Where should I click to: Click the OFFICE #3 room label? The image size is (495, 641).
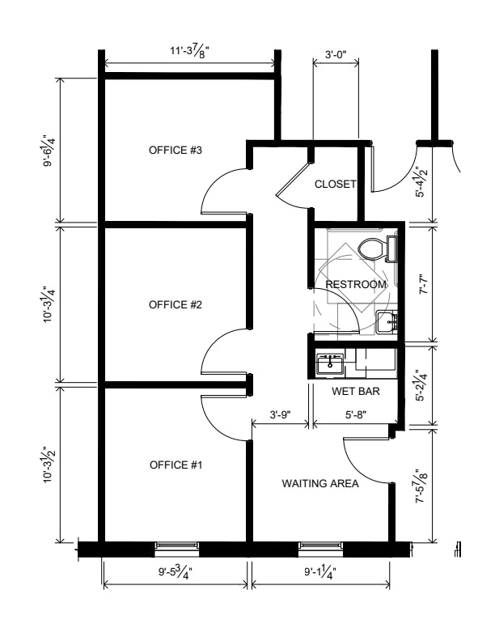(x=176, y=150)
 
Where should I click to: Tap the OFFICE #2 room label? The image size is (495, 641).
(x=176, y=304)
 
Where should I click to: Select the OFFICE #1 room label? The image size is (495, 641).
(x=176, y=465)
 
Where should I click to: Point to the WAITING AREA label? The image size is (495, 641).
(x=320, y=484)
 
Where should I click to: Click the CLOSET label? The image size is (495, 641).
(x=336, y=184)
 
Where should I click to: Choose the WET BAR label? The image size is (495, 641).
(x=356, y=391)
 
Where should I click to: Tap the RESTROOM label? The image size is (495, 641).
(x=356, y=284)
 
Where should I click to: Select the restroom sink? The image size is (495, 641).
(x=387, y=322)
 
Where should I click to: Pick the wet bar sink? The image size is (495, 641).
(x=330, y=363)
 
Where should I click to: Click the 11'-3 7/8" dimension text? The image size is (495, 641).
(x=189, y=53)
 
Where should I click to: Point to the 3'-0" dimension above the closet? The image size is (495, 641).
(x=336, y=54)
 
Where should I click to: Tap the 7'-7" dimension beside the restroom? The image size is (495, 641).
(x=421, y=284)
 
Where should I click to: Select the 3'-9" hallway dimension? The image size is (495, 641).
(x=280, y=415)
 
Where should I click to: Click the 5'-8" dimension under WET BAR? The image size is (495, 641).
(x=356, y=415)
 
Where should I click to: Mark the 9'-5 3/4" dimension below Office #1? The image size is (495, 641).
(x=176, y=572)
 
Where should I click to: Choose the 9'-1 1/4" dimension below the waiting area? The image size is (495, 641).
(x=320, y=572)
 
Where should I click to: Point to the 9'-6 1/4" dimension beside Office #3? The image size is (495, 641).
(x=49, y=151)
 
